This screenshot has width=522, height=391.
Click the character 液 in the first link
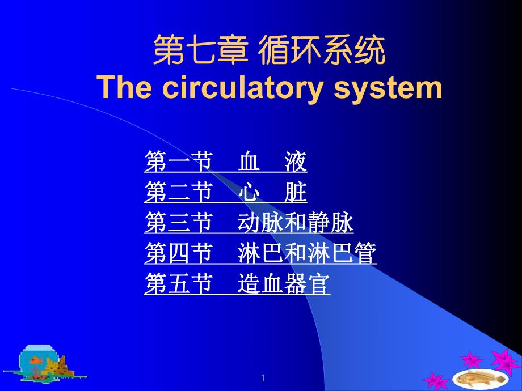[296, 163]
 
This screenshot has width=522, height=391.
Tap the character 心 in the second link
[249, 194]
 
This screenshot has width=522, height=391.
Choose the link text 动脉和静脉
[296, 224]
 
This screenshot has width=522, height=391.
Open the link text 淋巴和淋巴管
[307, 254]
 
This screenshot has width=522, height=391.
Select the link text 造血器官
[284, 284]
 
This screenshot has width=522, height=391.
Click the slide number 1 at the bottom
[263, 379]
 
